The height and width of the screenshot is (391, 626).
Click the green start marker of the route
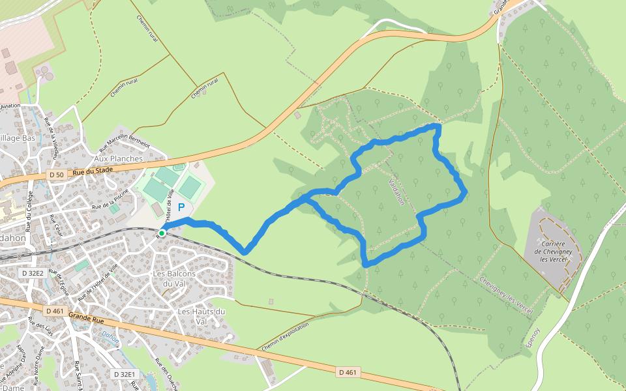pos(162,233)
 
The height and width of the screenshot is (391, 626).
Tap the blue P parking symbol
pos(181,207)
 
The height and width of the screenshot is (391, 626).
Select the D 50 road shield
pos(57,175)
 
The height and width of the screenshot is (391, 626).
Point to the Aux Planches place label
pos(118,158)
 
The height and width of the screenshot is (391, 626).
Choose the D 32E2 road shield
pos(33,273)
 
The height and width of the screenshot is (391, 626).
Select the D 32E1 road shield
pos(124,374)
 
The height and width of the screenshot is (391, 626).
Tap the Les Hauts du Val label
pos(201,316)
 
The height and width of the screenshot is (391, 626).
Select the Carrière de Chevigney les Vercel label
pos(552,251)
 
